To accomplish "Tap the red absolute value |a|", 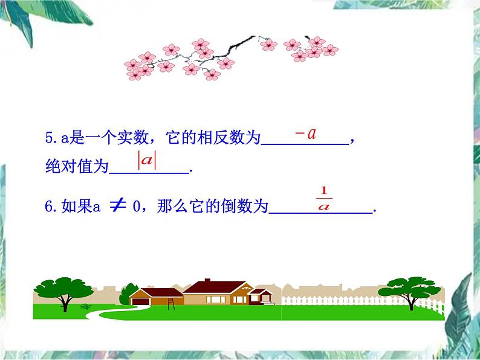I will (147, 161).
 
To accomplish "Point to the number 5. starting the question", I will (52, 138).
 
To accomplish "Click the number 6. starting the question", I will (52, 207).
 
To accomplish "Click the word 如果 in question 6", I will (78, 207).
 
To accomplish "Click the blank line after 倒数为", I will (320, 211).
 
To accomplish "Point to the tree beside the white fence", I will (413, 289).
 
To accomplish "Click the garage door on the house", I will (141, 300).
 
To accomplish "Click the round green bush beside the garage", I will (125, 296).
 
